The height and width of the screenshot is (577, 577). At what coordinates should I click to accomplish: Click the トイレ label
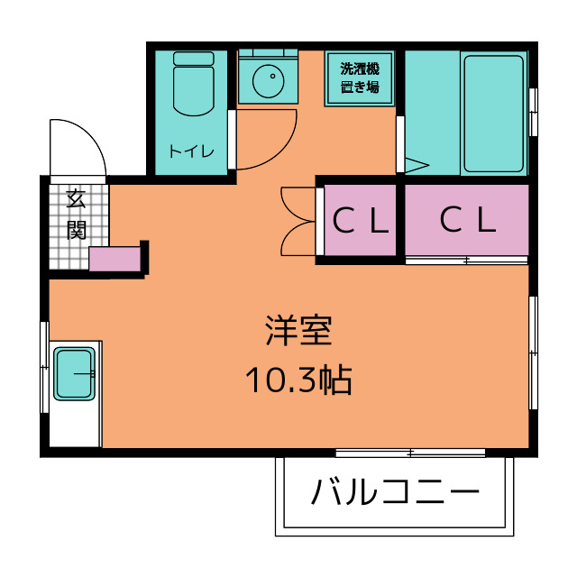pos(191,151)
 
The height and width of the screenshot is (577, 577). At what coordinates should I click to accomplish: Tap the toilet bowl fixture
pos(194,90)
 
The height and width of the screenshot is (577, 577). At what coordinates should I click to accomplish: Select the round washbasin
pos(269,81)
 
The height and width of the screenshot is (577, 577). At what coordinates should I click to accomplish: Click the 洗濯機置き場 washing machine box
pos(360,78)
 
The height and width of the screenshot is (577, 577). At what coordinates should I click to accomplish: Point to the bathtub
pos(494,114)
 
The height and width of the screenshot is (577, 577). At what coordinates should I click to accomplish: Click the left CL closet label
pos(361,220)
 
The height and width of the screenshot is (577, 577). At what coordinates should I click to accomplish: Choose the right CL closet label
pos(468,219)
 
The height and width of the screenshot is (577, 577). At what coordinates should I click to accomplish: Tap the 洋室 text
pos(298,331)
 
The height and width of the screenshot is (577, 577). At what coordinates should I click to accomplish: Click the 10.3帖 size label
pos(298,380)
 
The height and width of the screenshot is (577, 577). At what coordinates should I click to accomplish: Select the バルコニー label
pos(395,491)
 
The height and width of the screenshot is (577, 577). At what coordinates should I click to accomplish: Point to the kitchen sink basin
pos(74,374)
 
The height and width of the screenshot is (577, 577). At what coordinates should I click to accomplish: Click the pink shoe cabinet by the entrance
pos(114,259)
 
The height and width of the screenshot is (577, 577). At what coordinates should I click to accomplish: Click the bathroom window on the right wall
pos(533,112)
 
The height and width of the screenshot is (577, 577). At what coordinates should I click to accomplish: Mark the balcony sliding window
pos(410,453)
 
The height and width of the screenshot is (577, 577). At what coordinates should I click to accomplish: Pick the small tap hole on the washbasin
pos(272,76)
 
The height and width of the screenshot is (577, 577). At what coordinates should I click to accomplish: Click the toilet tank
pos(194,58)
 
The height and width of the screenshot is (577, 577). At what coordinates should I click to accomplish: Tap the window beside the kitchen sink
pos(44,367)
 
